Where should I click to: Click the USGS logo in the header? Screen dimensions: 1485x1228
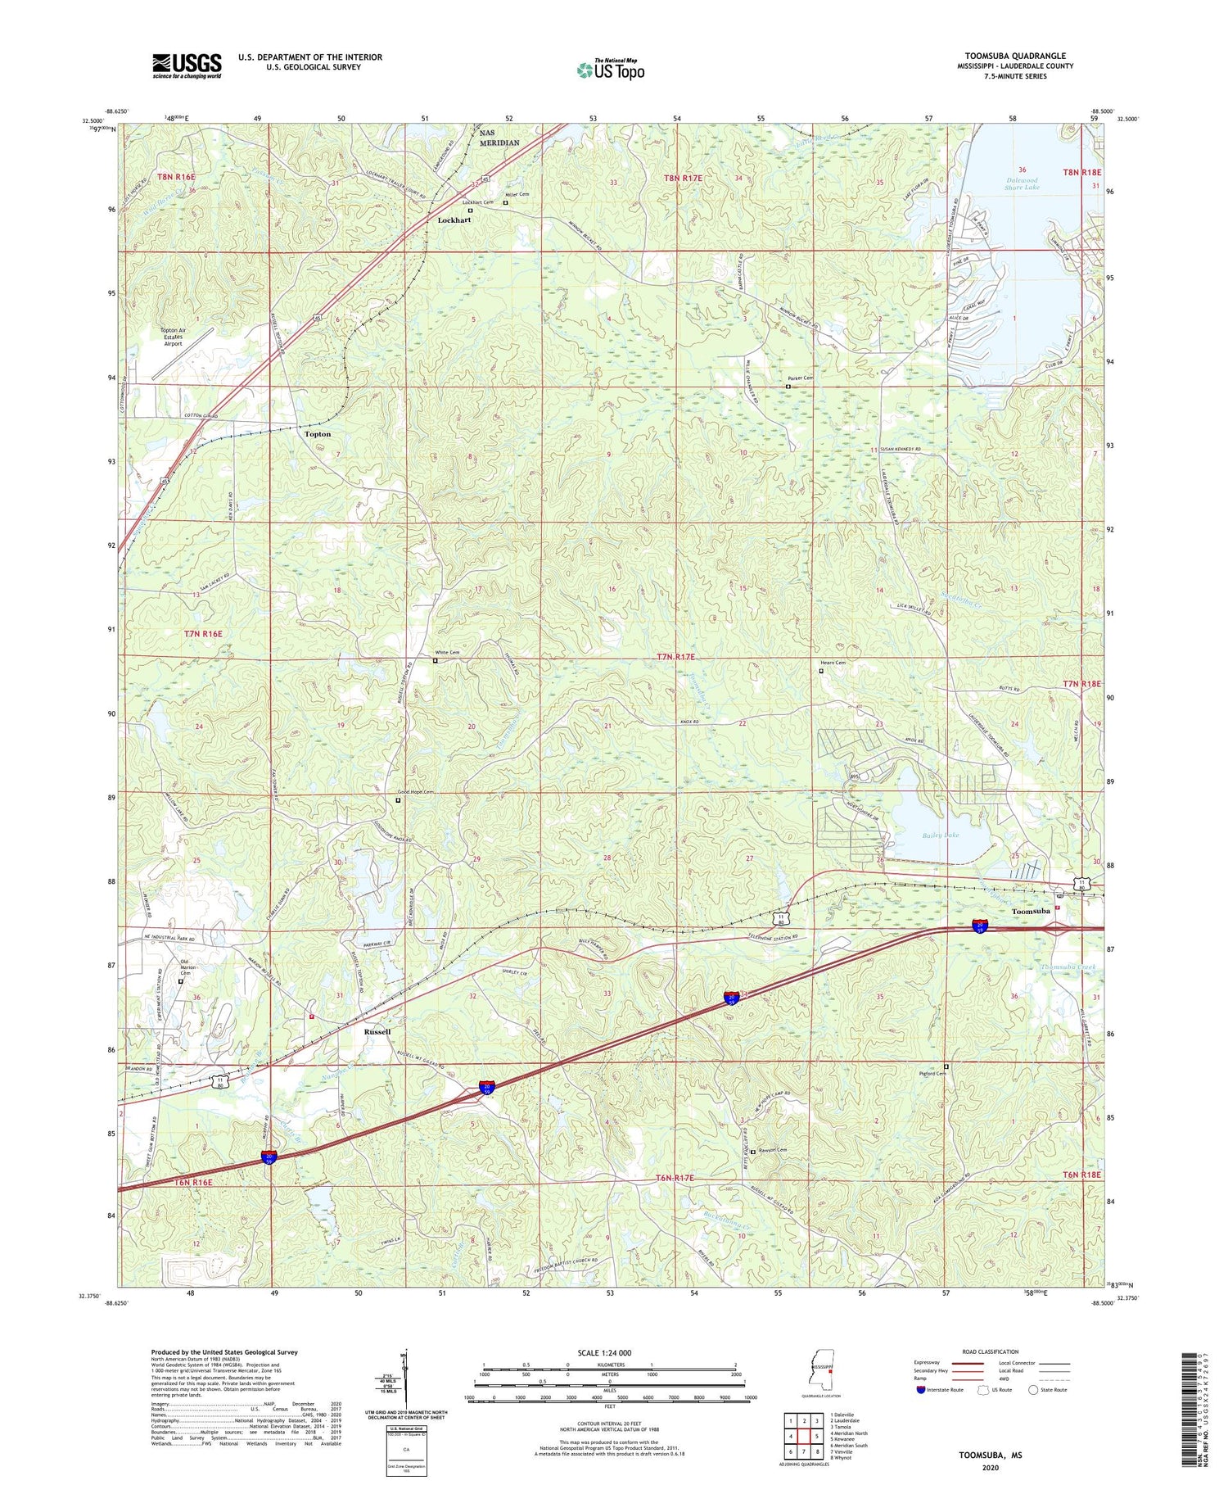pos(187,66)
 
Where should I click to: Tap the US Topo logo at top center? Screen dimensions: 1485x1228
pos(611,70)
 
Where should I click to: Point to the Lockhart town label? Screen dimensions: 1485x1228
pos(454,220)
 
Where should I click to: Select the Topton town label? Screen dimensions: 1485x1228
pos(318,434)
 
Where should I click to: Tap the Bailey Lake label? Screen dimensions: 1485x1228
pos(940,835)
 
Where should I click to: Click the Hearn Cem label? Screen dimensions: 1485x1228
pos(833,663)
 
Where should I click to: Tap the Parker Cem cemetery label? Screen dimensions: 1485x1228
pos(801,378)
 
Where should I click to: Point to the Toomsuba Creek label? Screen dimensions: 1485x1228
pos(1068,968)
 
